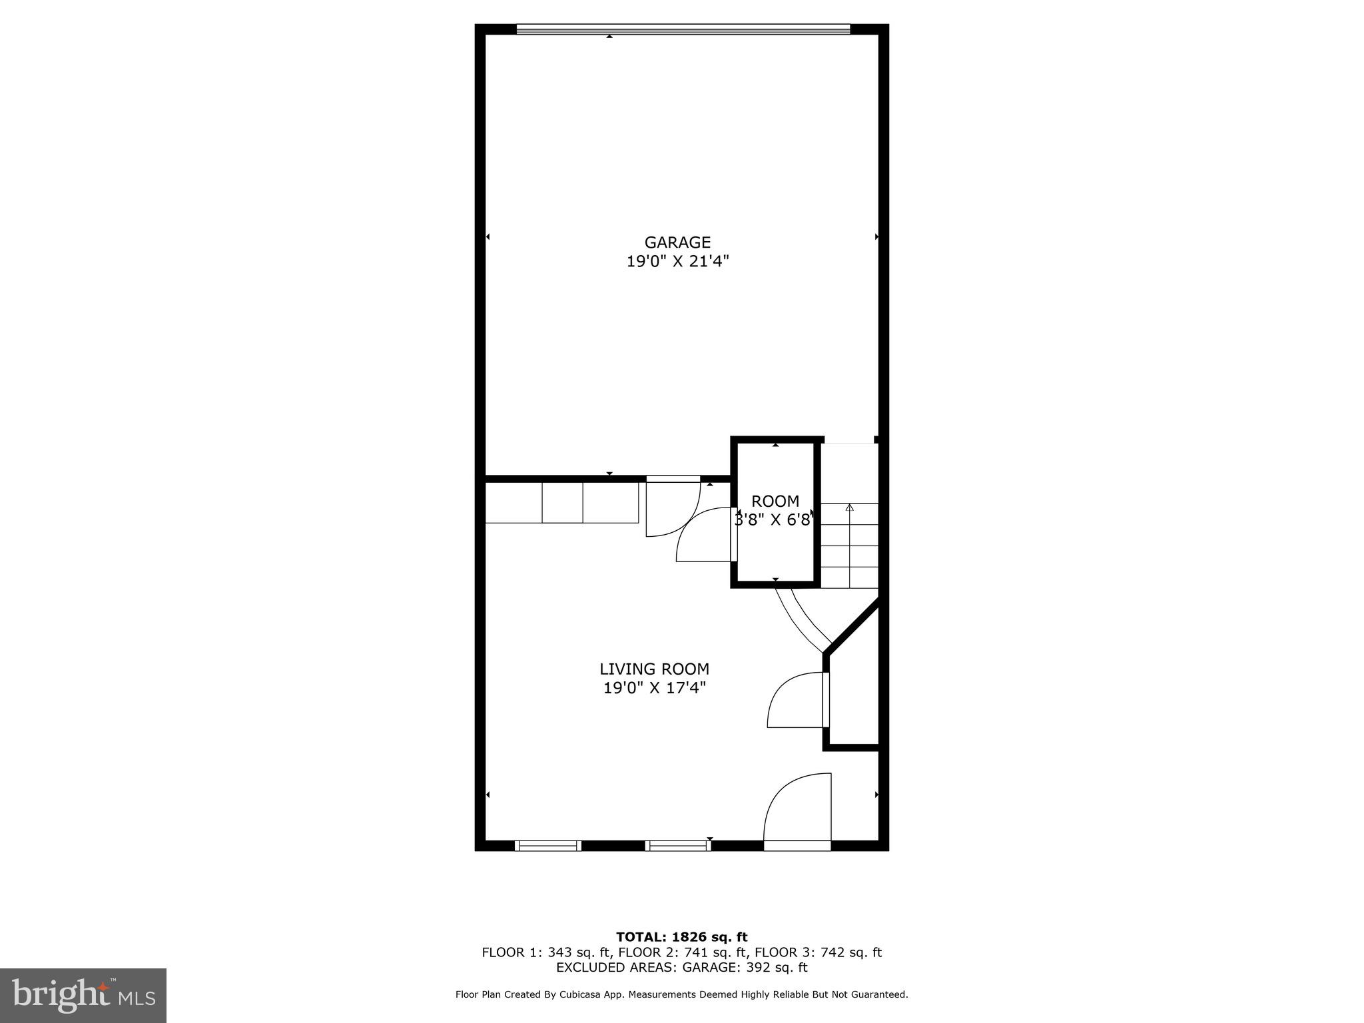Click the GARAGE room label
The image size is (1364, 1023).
(677, 242)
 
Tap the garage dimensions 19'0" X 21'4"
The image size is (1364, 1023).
(677, 262)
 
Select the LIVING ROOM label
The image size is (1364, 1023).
(654, 669)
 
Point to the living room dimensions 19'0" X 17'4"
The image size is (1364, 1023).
(654, 688)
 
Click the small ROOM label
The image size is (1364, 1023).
(775, 502)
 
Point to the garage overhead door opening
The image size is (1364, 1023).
(683, 29)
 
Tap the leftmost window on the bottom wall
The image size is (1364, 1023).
(548, 845)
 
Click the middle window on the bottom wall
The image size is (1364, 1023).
(678, 845)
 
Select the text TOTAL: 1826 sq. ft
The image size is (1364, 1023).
(681, 937)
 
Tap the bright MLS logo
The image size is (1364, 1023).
(83, 996)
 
